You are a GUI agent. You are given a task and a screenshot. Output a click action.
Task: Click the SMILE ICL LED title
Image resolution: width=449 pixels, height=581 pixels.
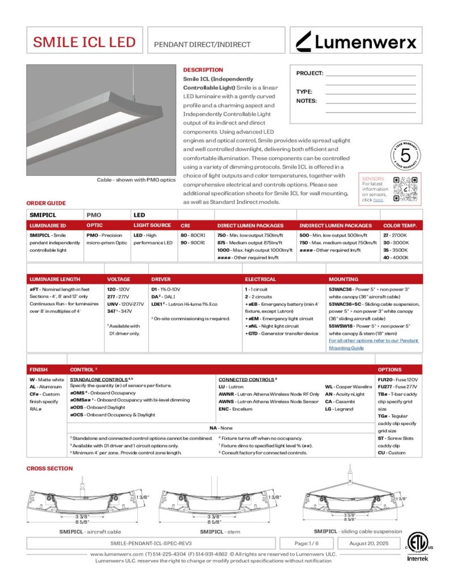point(84,42)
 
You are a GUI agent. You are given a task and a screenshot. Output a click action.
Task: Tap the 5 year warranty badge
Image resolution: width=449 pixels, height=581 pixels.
point(405,155)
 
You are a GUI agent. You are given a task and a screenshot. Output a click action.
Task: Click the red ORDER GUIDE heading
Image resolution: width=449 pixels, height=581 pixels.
point(46,203)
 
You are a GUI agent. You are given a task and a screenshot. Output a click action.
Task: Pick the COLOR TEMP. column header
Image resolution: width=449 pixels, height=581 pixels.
point(400,225)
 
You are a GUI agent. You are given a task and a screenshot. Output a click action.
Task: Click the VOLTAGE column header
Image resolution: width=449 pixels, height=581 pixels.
point(119,279)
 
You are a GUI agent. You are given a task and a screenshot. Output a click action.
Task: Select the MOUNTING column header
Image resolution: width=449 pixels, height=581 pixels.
point(343,279)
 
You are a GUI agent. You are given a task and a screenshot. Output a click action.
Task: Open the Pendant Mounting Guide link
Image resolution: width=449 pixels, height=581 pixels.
point(374,344)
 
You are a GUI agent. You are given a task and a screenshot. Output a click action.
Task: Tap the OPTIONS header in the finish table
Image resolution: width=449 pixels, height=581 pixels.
point(389,369)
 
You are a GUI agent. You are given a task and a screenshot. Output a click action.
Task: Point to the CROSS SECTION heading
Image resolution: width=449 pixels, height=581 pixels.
point(50,468)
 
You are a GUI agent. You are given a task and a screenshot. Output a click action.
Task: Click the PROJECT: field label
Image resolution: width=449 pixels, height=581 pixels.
point(309,73)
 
